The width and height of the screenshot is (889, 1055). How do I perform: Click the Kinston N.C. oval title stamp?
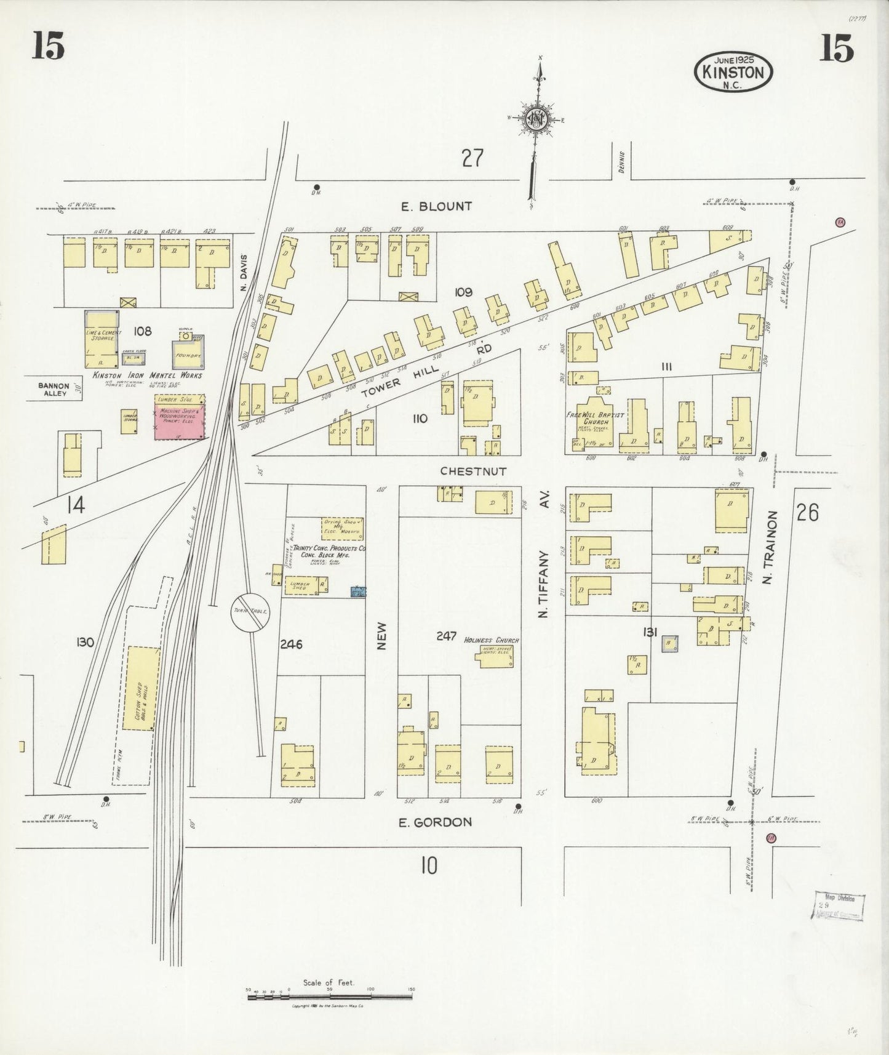coord(733,72)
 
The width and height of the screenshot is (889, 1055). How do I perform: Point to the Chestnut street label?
coord(472,471)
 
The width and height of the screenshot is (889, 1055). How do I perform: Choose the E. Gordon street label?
coord(435,822)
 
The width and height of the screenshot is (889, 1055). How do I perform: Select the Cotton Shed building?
coord(142,688)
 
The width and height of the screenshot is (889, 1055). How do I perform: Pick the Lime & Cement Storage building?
coord(102,338)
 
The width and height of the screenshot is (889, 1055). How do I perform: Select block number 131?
coord(651,632)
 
